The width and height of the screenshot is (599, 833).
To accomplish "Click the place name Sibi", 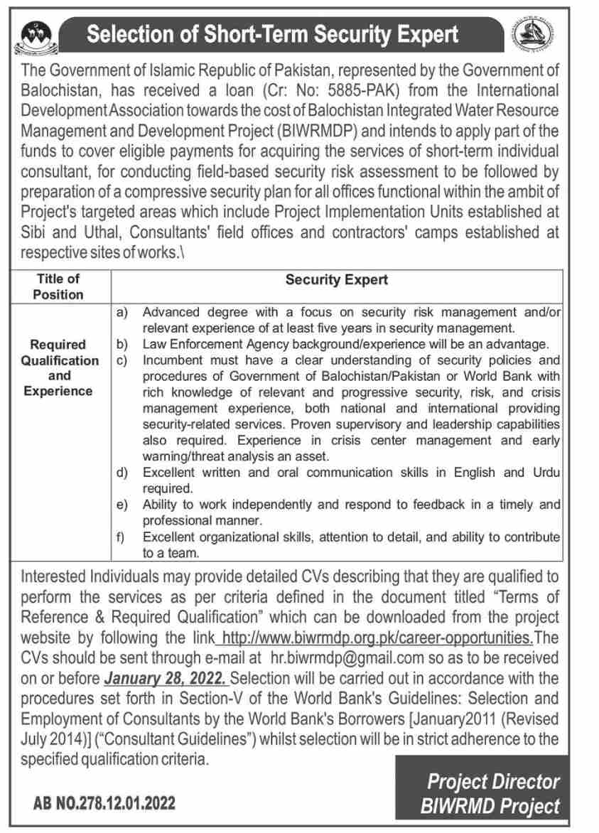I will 35,232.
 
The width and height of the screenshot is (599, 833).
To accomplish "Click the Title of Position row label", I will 58,286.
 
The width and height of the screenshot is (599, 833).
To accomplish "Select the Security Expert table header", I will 336,279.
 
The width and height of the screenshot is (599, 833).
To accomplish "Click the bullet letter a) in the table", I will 121,312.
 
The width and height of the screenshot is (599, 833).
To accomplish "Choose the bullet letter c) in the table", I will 121,360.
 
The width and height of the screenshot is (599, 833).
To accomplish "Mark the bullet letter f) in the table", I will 121,537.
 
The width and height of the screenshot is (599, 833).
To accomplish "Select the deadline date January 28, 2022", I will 166,677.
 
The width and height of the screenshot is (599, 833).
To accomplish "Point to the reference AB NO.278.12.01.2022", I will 104,804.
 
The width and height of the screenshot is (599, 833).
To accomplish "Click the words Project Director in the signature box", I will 493,782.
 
